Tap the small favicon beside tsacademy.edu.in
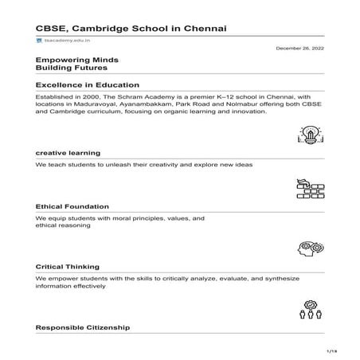tap(39, 39)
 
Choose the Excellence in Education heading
tap(88, 84)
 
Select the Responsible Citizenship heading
tap(83, 327)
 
